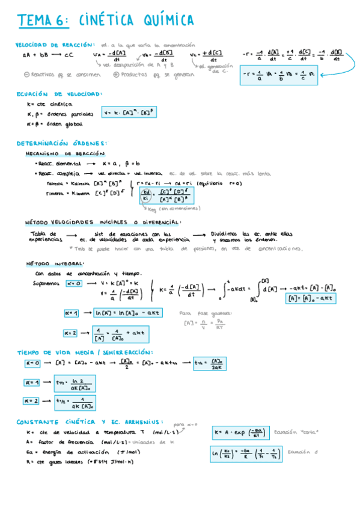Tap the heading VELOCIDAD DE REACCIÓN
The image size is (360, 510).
tap(55, 45)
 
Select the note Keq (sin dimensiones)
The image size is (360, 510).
tap(174, 209)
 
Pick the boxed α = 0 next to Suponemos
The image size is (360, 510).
tap(74, 283)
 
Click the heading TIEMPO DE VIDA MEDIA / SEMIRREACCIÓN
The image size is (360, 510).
tap(85, 352)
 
